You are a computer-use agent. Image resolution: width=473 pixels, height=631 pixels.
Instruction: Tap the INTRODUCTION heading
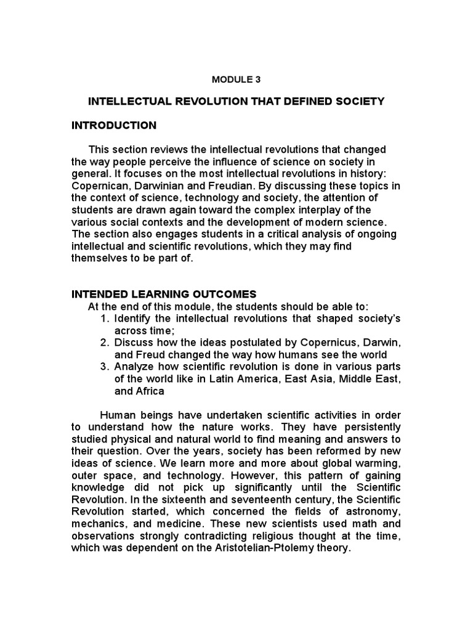[x=114, y=126]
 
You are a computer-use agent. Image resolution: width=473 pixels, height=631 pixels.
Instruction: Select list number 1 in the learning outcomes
[x=102, y=319]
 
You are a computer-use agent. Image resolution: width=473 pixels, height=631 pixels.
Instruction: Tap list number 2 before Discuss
[x=102, y=343]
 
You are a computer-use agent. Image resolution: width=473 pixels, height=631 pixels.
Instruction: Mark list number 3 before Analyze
[x=102, y=367]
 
